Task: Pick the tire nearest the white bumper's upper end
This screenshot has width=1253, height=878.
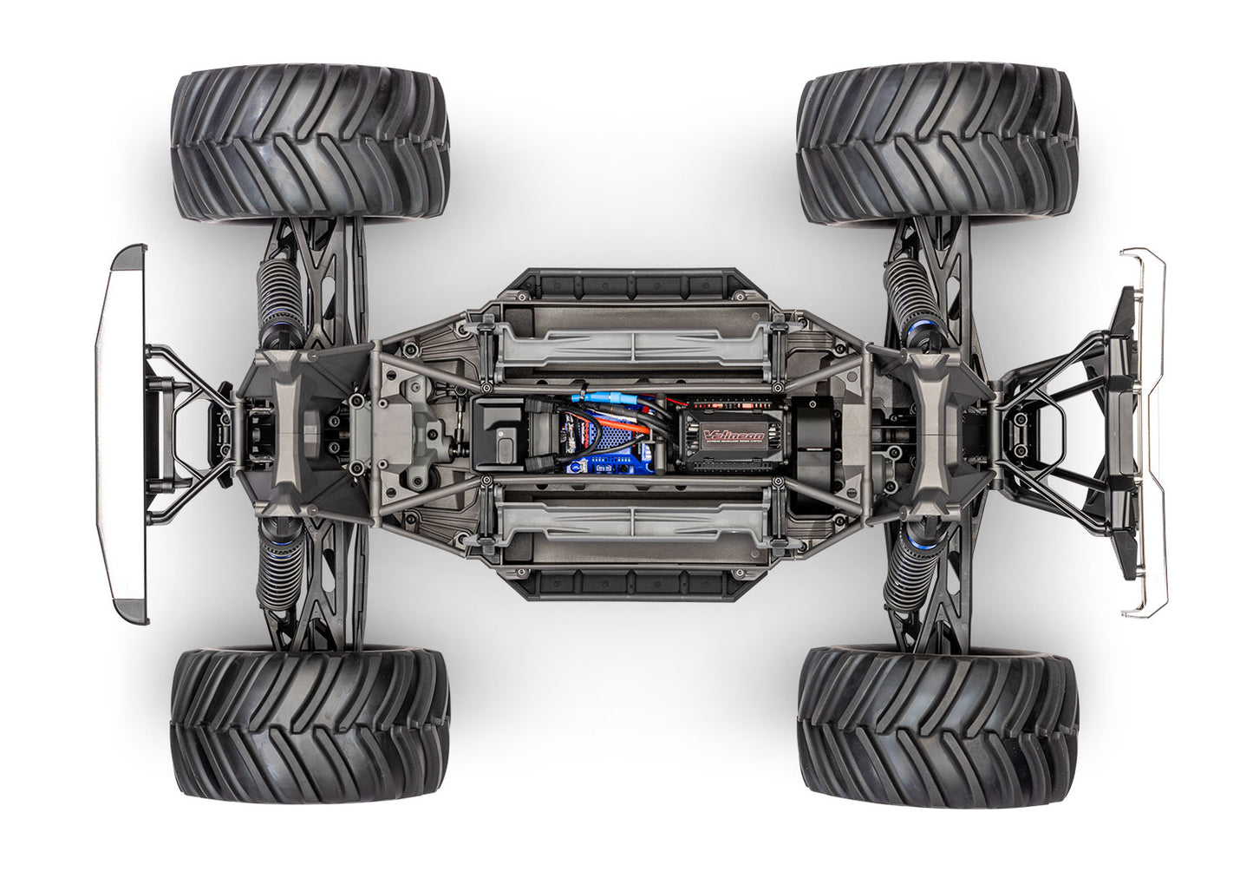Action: click(310, 144)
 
